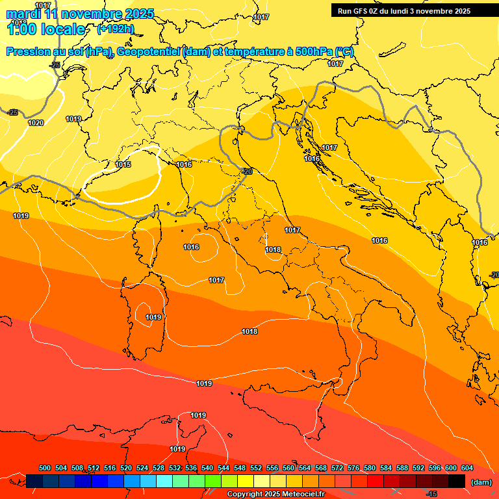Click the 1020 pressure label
[36, 123]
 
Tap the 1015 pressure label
[123, 164]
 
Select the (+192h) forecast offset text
[116, 29]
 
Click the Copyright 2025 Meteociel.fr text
[275, 494]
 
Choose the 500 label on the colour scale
[45, 468]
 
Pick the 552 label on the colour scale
[256, 468]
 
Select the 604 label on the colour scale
[467, 468]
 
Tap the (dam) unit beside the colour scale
[481, 482]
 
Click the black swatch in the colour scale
[457, 481]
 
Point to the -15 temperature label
[431, 494]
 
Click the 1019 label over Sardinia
[153, 317]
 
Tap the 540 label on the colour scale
[207, 468]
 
